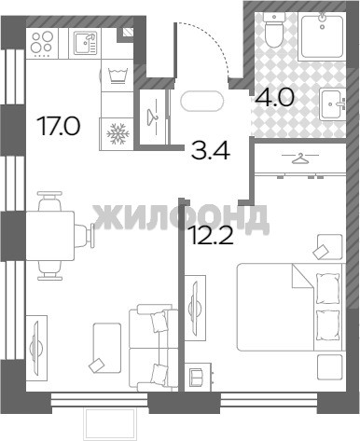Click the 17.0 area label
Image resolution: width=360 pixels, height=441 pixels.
pos(59,126)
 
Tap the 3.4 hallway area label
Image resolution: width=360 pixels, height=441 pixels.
pos(211,151)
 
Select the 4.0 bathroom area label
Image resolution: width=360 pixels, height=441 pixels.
pos(275,98)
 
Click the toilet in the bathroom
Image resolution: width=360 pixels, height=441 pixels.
pos(274,30)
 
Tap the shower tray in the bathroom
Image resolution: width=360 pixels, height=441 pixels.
pos(323,36)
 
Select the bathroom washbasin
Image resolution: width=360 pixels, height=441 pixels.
pos(333,103)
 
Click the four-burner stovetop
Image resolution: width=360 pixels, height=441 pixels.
pos(42,44)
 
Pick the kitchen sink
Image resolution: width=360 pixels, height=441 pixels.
pos(85,43)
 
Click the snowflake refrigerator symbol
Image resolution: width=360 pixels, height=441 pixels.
pos(116,134)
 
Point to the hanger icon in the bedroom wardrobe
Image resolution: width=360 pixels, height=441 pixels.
pos(300,158)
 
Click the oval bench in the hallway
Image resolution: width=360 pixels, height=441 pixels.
pos(202,101)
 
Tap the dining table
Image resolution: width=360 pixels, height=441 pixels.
pos(50,236)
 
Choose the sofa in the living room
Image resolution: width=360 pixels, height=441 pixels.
pos(154,348)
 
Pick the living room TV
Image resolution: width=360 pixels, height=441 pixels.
pos(36,348)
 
